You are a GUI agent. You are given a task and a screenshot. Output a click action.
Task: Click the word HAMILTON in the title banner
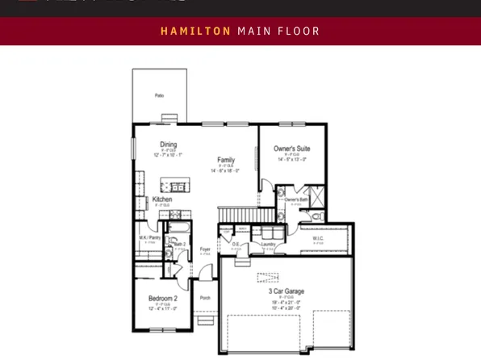(196, 31)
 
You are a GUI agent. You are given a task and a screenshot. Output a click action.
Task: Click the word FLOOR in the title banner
(299, 31)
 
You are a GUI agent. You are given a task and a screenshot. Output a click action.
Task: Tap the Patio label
(159, 95)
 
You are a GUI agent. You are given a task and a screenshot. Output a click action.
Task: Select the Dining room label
(168, 145)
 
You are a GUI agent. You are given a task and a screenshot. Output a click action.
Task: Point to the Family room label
(226, 160)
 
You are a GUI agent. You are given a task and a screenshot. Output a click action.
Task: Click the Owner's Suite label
(291, 149)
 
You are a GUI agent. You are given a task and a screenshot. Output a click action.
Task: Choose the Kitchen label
(161, 199)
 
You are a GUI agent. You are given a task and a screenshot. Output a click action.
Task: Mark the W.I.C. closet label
(319, 239)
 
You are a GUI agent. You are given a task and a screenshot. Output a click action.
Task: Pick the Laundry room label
(269, 244)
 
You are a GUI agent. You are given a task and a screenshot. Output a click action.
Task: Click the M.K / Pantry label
(150, 238)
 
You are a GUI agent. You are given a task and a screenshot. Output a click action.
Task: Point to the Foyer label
(205, 249)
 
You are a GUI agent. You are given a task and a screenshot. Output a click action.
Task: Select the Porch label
(205, 298)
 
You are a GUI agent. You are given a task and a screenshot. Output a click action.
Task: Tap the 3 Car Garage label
(286, 291)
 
